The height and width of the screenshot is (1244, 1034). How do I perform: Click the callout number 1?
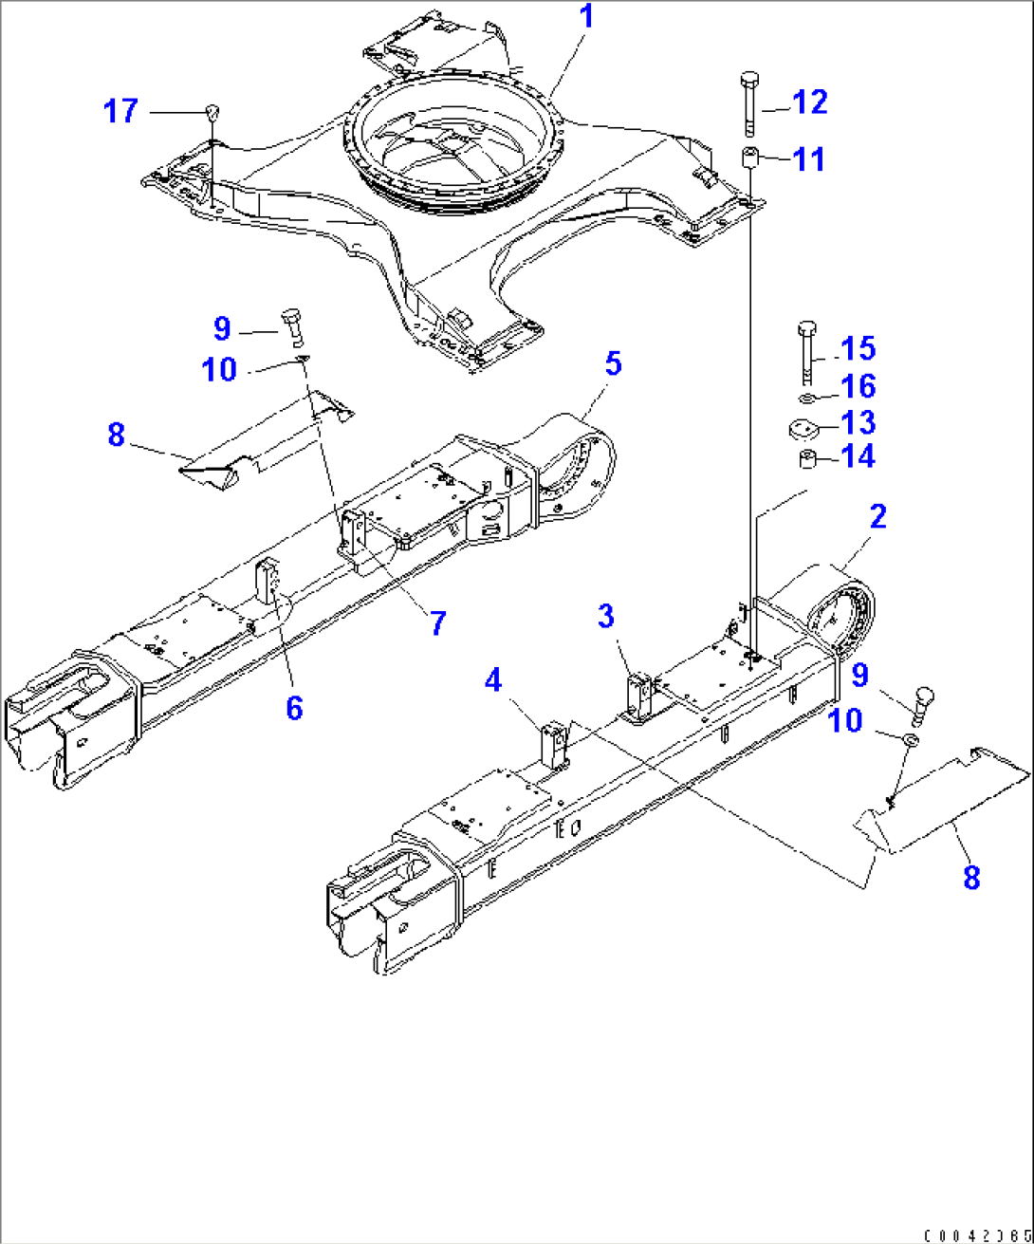point(587,17)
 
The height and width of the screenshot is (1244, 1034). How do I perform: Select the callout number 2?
point(877,517)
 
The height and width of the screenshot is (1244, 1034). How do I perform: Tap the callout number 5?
point(613,363)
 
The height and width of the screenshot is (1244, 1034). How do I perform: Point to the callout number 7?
point(437,623)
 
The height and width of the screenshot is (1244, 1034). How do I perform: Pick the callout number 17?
point(120,111)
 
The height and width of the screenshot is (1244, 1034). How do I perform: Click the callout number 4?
point(493,680)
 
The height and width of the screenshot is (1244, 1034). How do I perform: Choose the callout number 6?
point(294,707)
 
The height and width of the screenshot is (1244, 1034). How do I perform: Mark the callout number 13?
point(858,423)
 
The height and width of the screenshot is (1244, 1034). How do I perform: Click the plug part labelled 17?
point(212,112)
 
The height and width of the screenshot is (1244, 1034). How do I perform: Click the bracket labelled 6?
point(268,582)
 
